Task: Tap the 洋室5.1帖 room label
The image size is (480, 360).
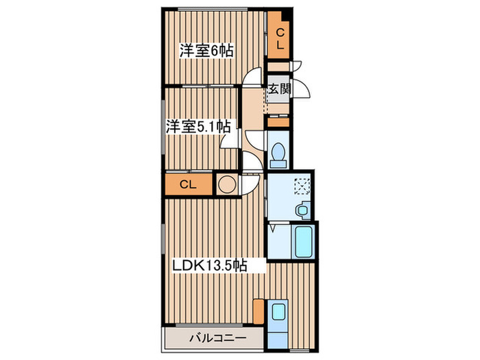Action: (x=197, y=126)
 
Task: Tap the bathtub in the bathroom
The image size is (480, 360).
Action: (x=302, y=241)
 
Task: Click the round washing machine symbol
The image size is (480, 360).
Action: (x=225, y=184)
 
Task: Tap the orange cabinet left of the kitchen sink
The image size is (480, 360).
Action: (x=258, y=311)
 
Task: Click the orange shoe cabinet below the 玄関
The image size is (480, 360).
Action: (x=278, y=122)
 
